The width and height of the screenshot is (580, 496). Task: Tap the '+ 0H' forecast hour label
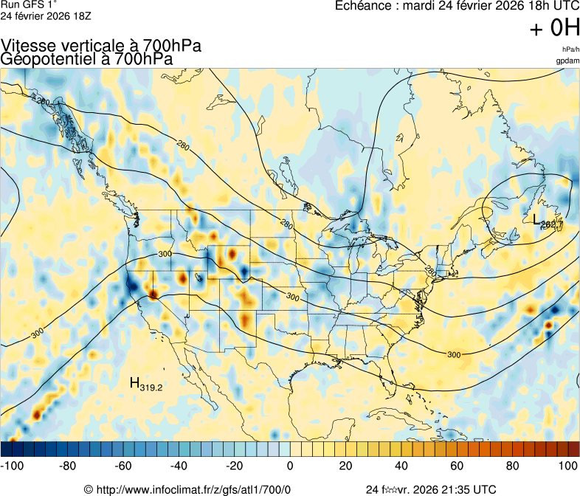click(x=555, y=28)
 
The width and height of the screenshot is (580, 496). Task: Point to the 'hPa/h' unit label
click(x=570, y=49)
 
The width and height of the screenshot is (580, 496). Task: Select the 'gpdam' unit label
click(x=567, y=61)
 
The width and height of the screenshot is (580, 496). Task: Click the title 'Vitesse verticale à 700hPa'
click(x=101, y=46)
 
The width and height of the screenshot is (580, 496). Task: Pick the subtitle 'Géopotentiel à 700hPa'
click(x=87, y=59)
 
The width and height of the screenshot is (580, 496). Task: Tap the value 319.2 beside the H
click(x=151, y=386)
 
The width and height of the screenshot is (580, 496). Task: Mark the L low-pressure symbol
click(x=537, y=219)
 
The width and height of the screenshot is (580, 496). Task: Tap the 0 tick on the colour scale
click(x=290, y=466)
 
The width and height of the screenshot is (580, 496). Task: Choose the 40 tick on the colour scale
click(x=401, y=466)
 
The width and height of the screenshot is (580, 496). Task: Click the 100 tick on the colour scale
click(x=567, y=466)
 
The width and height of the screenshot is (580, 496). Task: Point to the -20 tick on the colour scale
click(x=233, y=466)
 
